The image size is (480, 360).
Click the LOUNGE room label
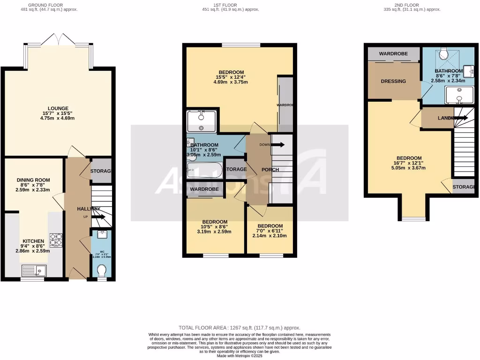tap(58, 108)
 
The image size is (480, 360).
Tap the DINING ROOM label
tap(33, 180)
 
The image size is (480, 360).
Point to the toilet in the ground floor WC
tap(101, 271)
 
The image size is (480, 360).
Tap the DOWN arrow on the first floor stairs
tap(277, 145)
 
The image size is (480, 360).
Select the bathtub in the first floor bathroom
tap(204, 170)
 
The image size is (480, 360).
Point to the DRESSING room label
tap(393, 81)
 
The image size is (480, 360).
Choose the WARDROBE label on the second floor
tap(393, 54)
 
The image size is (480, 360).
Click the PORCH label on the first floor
tap(270, 170)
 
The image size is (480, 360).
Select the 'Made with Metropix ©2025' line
tap(240, 356)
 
